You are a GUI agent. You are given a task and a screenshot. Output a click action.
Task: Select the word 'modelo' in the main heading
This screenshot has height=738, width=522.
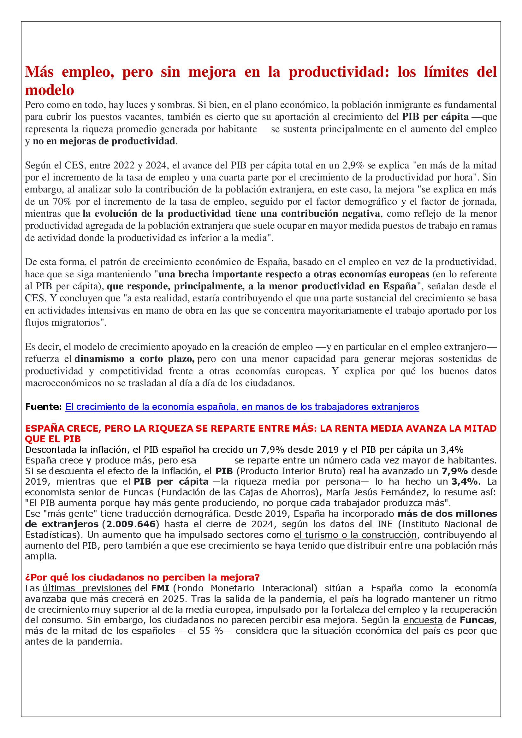click(50, 90)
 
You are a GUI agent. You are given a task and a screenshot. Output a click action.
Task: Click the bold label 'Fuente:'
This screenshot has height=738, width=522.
click(43, 407)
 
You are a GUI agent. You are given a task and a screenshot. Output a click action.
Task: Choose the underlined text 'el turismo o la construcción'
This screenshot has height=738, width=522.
click(355, 535)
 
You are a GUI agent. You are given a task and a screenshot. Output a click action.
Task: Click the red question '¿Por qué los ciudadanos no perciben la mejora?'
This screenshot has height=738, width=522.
click(142, 577)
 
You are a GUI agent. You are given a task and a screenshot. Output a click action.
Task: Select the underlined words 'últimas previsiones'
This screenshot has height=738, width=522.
click(87, 588)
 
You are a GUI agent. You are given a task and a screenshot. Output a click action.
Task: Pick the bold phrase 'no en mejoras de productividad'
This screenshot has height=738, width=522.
click(104, 141)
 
